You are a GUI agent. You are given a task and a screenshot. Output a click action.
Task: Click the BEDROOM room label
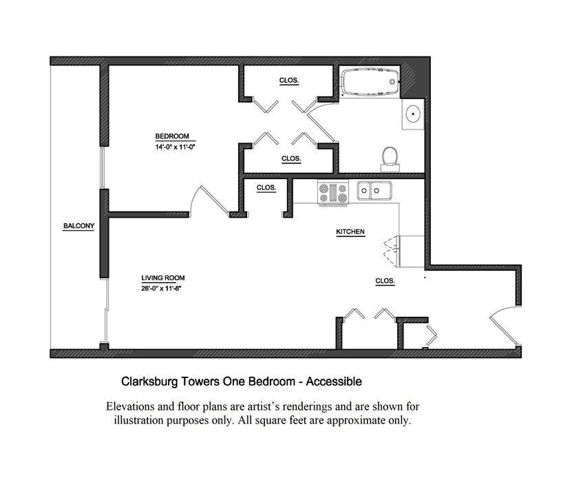tap(172, 136)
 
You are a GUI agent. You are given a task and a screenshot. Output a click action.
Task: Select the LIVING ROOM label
tap(163, 278)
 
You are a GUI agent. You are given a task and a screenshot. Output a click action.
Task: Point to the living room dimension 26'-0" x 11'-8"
tap(161, 288)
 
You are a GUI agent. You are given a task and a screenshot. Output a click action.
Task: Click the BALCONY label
tap(78, 226)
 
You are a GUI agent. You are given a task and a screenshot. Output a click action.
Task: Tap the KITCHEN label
tap(350, 231)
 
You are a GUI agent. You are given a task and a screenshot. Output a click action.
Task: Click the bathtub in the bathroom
tap(370, 83)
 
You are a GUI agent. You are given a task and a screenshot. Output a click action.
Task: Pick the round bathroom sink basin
tap(413, 114)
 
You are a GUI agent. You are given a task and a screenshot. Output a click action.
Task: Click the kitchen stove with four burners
tap(333, 193)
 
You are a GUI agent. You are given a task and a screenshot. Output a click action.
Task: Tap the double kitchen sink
tap(374, 191)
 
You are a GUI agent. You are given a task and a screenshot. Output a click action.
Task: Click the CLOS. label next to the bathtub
tap(289, 81)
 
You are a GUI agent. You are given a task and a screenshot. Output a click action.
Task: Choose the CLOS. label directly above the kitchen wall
tap(291, 159)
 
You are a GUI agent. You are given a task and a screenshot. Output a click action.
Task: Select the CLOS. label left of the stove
tap(266, 187)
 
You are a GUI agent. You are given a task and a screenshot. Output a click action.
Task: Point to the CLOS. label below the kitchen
tap(385, 281)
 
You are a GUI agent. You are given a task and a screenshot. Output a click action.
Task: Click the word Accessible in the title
tap(334, 382)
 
